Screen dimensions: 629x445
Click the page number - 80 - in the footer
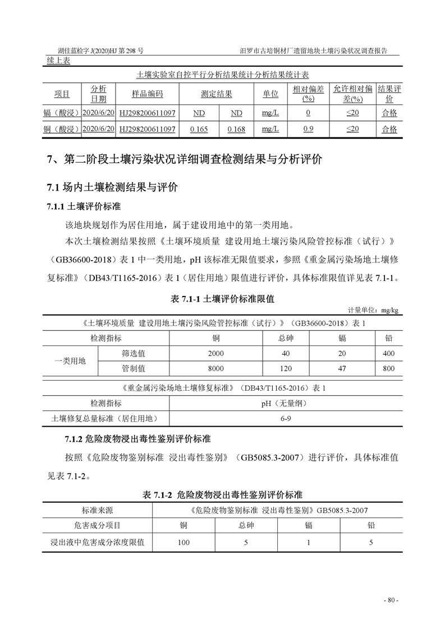coord(391,600)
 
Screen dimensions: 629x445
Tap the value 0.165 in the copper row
coord(199,129)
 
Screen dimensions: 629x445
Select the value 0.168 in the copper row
coord(236,129)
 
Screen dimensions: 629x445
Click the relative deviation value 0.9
coord(308,129)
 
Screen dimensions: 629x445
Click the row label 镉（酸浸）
coord(62,113)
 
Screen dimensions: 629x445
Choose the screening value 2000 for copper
coord(215,354)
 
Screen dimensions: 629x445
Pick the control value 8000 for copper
coord(215,369)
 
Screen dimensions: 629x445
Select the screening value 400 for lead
coord(388,354)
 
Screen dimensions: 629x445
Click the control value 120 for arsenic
coord(286,369)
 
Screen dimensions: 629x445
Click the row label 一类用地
coord(70,361)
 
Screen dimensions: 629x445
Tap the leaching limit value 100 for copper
coord(183,543)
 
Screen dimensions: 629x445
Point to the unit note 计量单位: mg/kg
coord(373,310)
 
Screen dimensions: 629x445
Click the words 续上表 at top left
coord(58,61)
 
